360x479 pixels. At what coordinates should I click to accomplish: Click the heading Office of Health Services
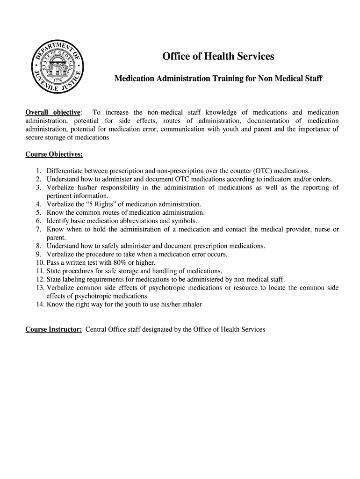(x=218, y=57)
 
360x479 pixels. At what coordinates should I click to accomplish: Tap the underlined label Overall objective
(x=53, y=112)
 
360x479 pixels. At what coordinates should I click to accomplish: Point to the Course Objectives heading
(x=54, y=154)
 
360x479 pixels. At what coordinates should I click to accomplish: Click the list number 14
(x=39, y=305)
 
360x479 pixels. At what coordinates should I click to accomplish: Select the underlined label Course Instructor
(x=54, y=329)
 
